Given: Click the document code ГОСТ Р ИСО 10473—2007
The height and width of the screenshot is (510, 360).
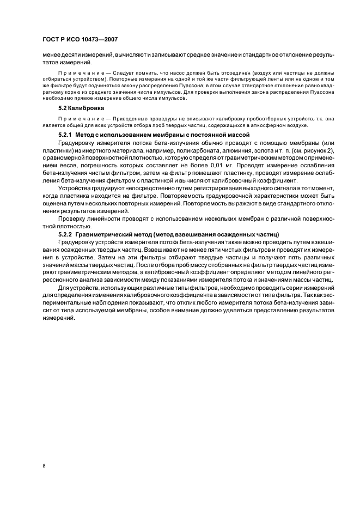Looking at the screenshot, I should coord(80,40).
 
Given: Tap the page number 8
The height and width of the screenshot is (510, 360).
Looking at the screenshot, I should coord(45,466).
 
